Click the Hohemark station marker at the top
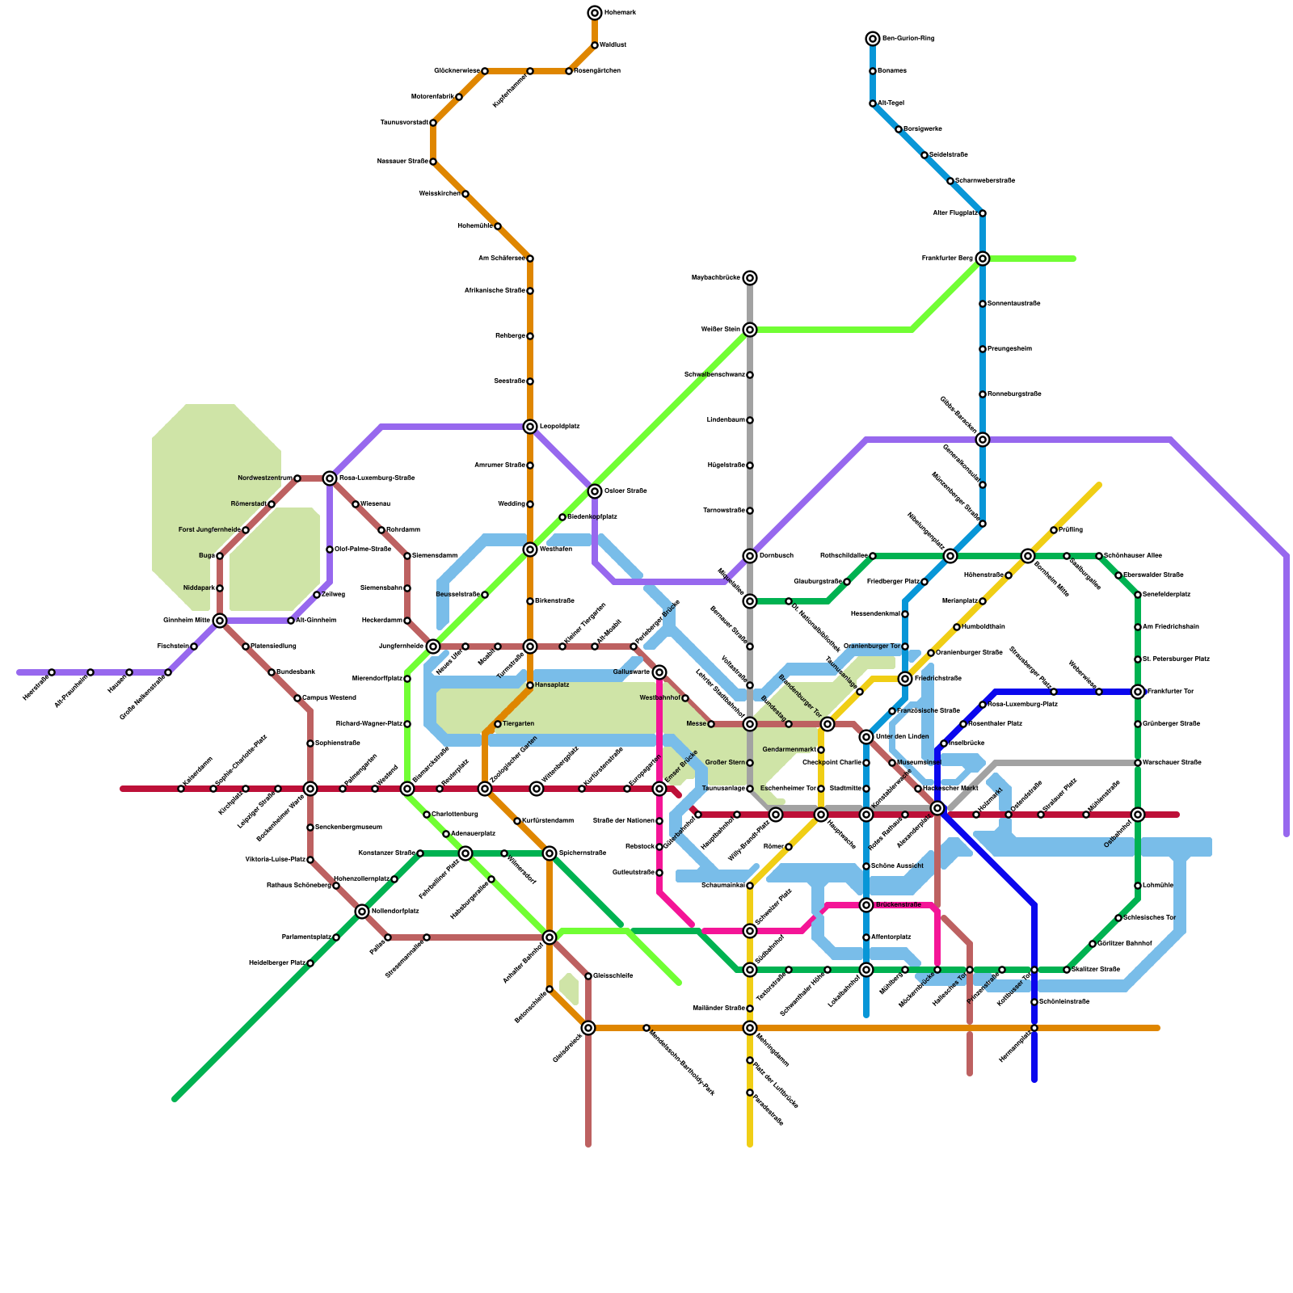[x=595, y=13]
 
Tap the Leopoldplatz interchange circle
[x=530, y=427]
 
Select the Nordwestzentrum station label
[x=264, y=478]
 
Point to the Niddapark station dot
[x=220, y=588]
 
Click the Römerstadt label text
[x=248, y=504]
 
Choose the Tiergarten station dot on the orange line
[x=498, y=724]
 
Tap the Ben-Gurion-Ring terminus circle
[x=873, y=39]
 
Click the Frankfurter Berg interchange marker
[x=983, y=259]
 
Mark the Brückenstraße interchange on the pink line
[x=866, y=905]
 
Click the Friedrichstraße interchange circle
[x=905, y=679]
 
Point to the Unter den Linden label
[x=902, y=736]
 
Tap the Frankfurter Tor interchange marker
[x=1138, y=692]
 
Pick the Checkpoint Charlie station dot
[x=866, y=763]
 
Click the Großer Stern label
[x=725, y=763]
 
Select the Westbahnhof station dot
[x=685, y=698]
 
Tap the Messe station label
[x=696, y=724]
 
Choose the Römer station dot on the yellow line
[x=789, y=847]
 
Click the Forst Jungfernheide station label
[x=209, y=530]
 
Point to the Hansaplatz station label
[x=552, y=685]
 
